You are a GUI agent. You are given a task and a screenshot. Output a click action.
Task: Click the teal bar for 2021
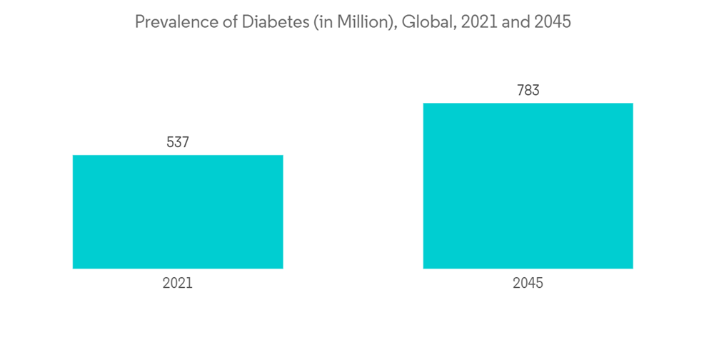(x=178, y=211)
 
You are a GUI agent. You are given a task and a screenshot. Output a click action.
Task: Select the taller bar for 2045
(x=528, y=186)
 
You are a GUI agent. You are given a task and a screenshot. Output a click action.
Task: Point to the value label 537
(x=178, y=142)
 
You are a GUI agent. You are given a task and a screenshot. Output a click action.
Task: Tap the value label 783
(x=528, y=91)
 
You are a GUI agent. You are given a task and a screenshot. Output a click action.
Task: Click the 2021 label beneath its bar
(x=178, y=283)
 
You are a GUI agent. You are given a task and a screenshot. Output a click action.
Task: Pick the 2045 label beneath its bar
(x=528, y=283)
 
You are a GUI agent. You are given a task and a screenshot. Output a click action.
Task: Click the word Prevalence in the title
(x=169, y=22)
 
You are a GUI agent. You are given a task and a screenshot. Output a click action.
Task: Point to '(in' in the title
(x=301, y=22)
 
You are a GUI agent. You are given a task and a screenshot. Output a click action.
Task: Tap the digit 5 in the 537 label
(x=170, y=142)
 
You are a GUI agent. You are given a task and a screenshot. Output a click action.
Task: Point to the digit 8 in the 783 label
(x=528, y=91)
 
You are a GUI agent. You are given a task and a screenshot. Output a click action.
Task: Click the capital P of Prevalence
(x=139, y=22)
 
